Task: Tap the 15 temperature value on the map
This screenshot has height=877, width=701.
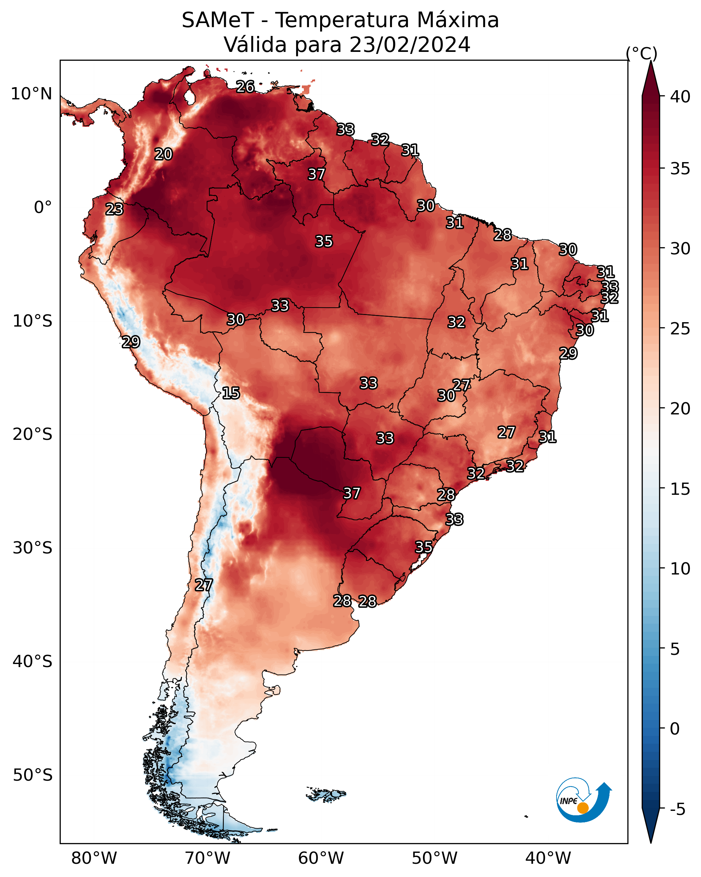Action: click(231, 393)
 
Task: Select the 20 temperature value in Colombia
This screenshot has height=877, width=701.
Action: click(163, 154)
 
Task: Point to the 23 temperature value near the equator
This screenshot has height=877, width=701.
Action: click(114, 209)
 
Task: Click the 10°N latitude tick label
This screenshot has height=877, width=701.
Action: click(31, 94)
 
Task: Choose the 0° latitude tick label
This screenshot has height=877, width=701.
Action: click(43, 208)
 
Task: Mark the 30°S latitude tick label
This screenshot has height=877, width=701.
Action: click(33, 548)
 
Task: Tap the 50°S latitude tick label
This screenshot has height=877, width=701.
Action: click(33, 775)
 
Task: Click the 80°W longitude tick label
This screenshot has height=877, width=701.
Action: click(94, 858)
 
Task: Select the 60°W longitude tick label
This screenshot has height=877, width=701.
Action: click(321, 858)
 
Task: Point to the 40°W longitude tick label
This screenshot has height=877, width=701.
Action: click(548, 858)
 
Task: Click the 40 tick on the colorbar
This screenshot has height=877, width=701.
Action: click(680, 97)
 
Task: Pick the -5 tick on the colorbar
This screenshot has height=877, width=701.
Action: click(677, 810)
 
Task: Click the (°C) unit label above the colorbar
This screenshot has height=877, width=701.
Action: click(642, 53)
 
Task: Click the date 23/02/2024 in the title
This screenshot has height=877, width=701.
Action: click(410, 45)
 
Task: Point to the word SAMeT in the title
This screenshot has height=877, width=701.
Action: click(218, 20)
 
